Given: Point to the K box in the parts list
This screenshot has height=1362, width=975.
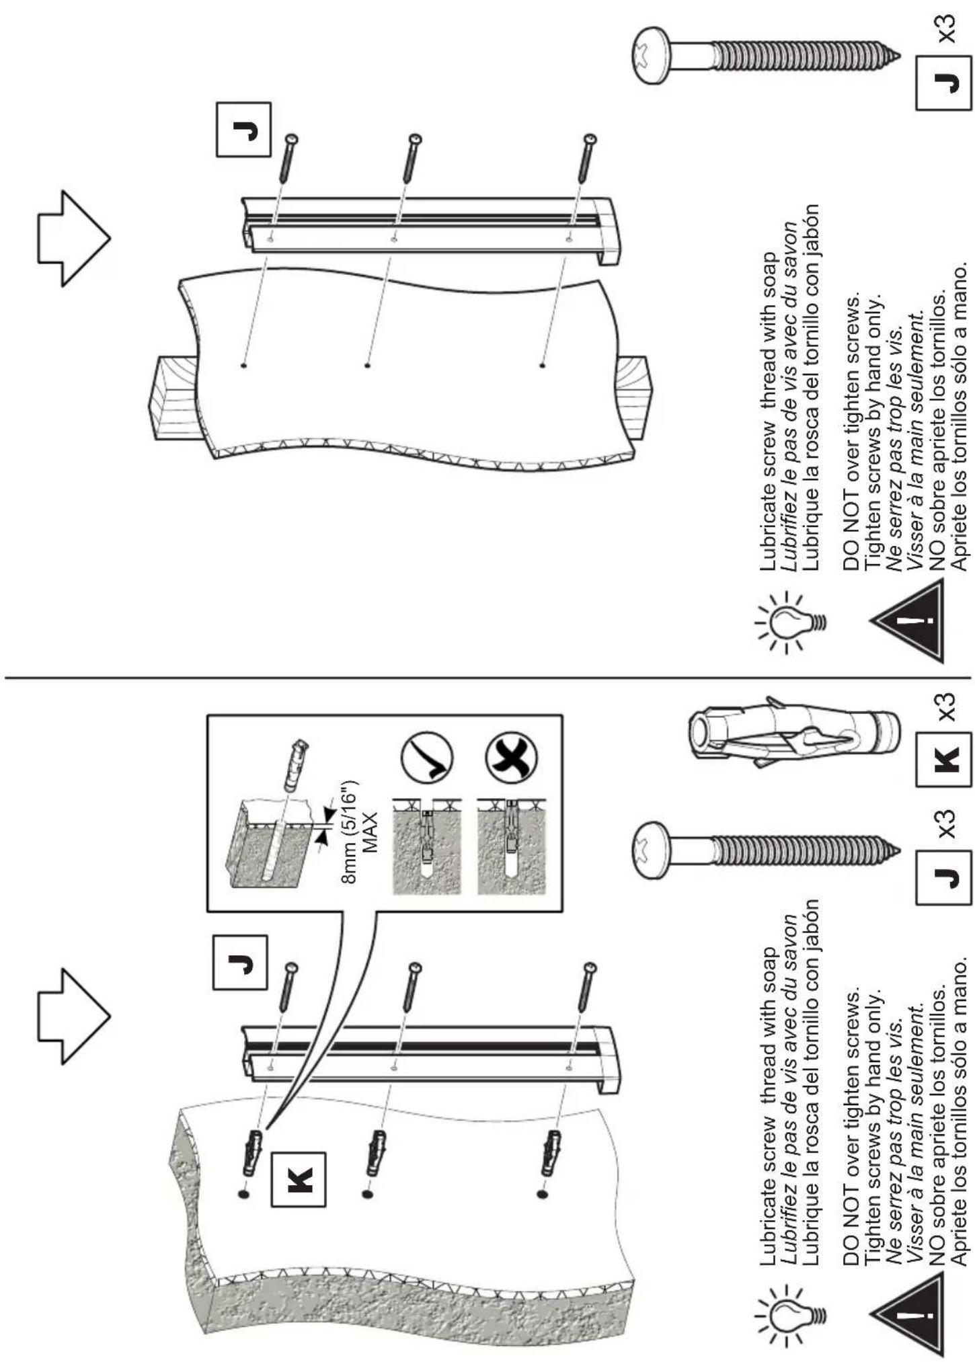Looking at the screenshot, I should (x=943, y=760).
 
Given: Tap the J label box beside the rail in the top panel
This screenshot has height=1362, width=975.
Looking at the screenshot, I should (x=243, y=130).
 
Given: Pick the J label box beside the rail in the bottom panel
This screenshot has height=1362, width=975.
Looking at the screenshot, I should (x=241, y=962).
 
